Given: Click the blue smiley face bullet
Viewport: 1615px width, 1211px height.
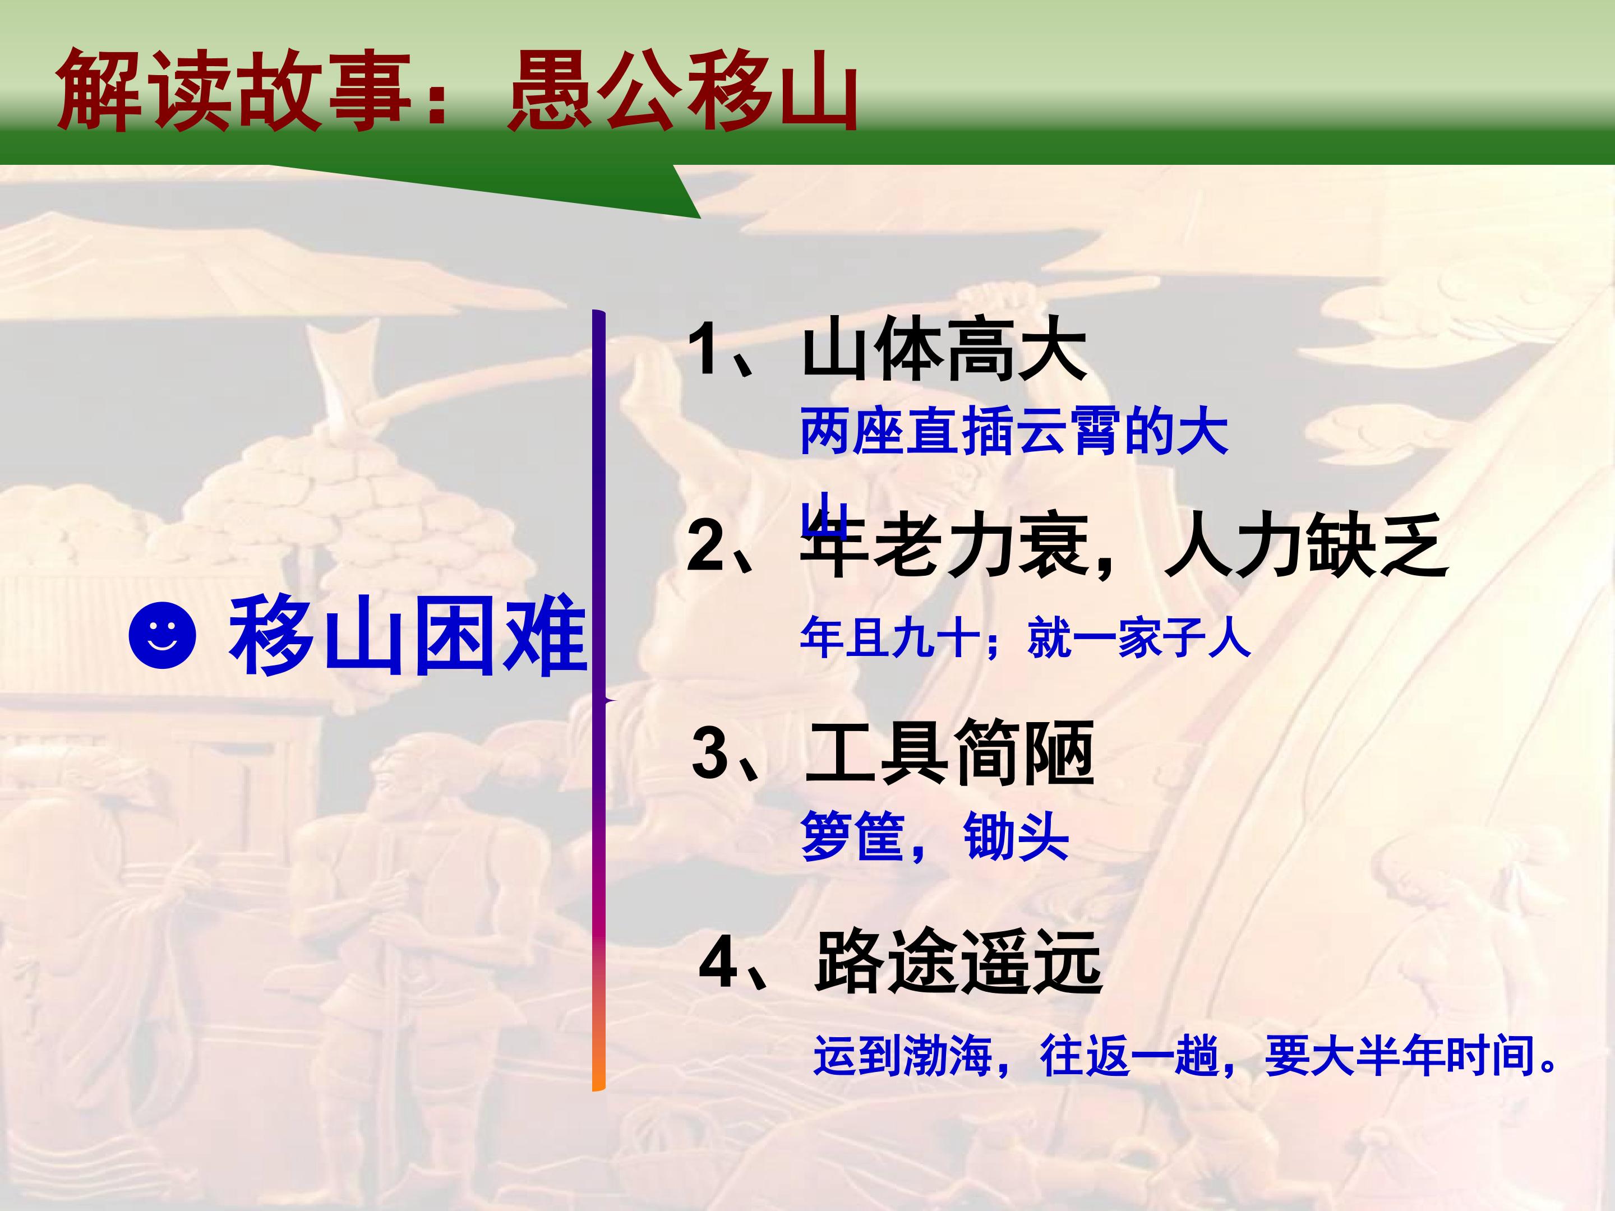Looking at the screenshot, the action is pyautogui.click(x=162, y=634).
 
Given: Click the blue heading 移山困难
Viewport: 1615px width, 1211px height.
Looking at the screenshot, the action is pyautogui.click(x=408, y=634).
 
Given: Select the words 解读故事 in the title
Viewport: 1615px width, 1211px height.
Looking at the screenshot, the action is pyautogui.click(x=233, y=92).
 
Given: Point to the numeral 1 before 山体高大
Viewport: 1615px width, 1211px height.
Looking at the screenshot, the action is pyautogui.click(x=706, y=348).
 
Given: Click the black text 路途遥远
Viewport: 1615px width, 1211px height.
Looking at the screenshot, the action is pyautogui.click(x=959, y=962).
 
